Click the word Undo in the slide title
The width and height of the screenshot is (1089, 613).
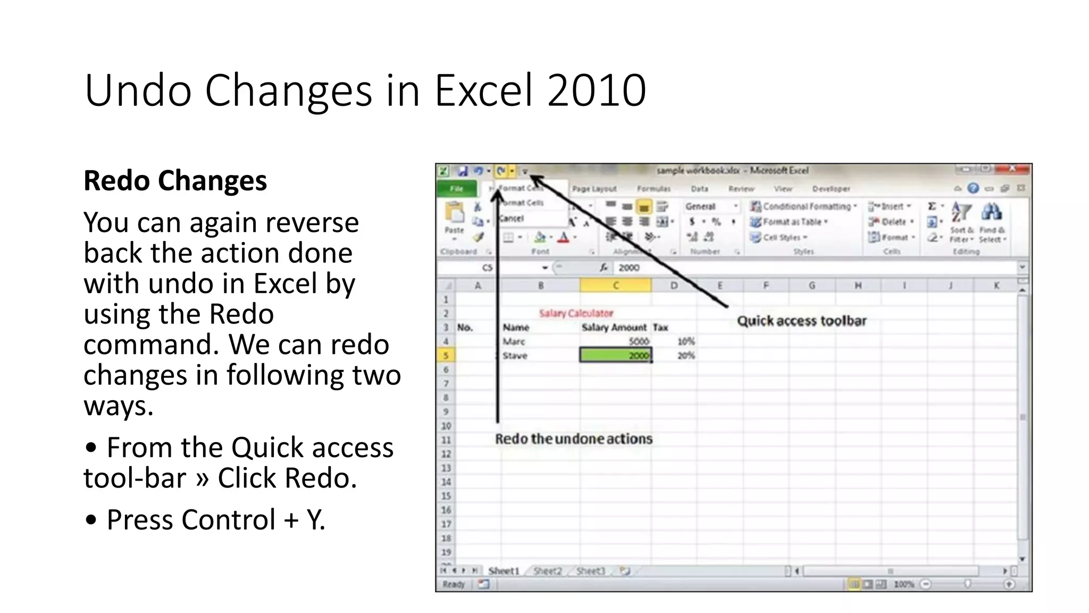[x=138, y=90]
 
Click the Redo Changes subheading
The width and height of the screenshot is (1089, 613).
[x=175, y=181]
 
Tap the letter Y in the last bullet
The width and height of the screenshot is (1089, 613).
[x=314, y=520]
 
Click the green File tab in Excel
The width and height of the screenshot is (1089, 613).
[x=456, y=189]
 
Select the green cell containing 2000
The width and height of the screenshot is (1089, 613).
[x=615, y=355]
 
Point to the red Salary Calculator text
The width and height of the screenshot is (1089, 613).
[x=576, y=313]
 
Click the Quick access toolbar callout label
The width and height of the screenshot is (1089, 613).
[x=801, y=321]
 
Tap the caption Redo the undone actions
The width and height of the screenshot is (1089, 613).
[x=573, y=439]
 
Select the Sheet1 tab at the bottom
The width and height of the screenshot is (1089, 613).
[x=503, y=571]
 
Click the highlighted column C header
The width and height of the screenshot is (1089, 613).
[x=615, y=286]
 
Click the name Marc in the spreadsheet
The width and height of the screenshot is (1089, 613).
[x=514, y=342]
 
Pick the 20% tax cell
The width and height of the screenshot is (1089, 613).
[x=686, y=355]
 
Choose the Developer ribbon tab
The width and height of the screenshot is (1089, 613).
[x=831, y=189]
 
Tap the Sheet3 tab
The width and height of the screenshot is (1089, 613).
[x=590, y=571]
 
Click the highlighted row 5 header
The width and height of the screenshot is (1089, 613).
[x=446, y=355]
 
